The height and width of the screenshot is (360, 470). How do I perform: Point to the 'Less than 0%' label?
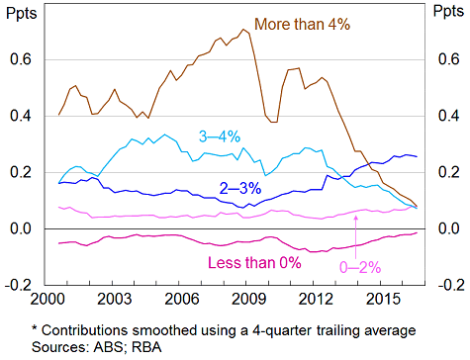click(x=253, y=262)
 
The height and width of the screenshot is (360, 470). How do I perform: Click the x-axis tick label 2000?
click(x=48, y=298)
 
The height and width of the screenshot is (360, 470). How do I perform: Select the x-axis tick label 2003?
click(x=116, y=298)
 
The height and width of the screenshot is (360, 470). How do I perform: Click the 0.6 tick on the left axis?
click(x=20, y=60)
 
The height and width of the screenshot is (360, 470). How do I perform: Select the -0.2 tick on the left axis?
click(x=18, y=286)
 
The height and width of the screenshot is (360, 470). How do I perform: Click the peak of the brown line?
click(x=244, y=29)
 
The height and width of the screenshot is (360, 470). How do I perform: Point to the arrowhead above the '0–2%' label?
click(x=355, y=215)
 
